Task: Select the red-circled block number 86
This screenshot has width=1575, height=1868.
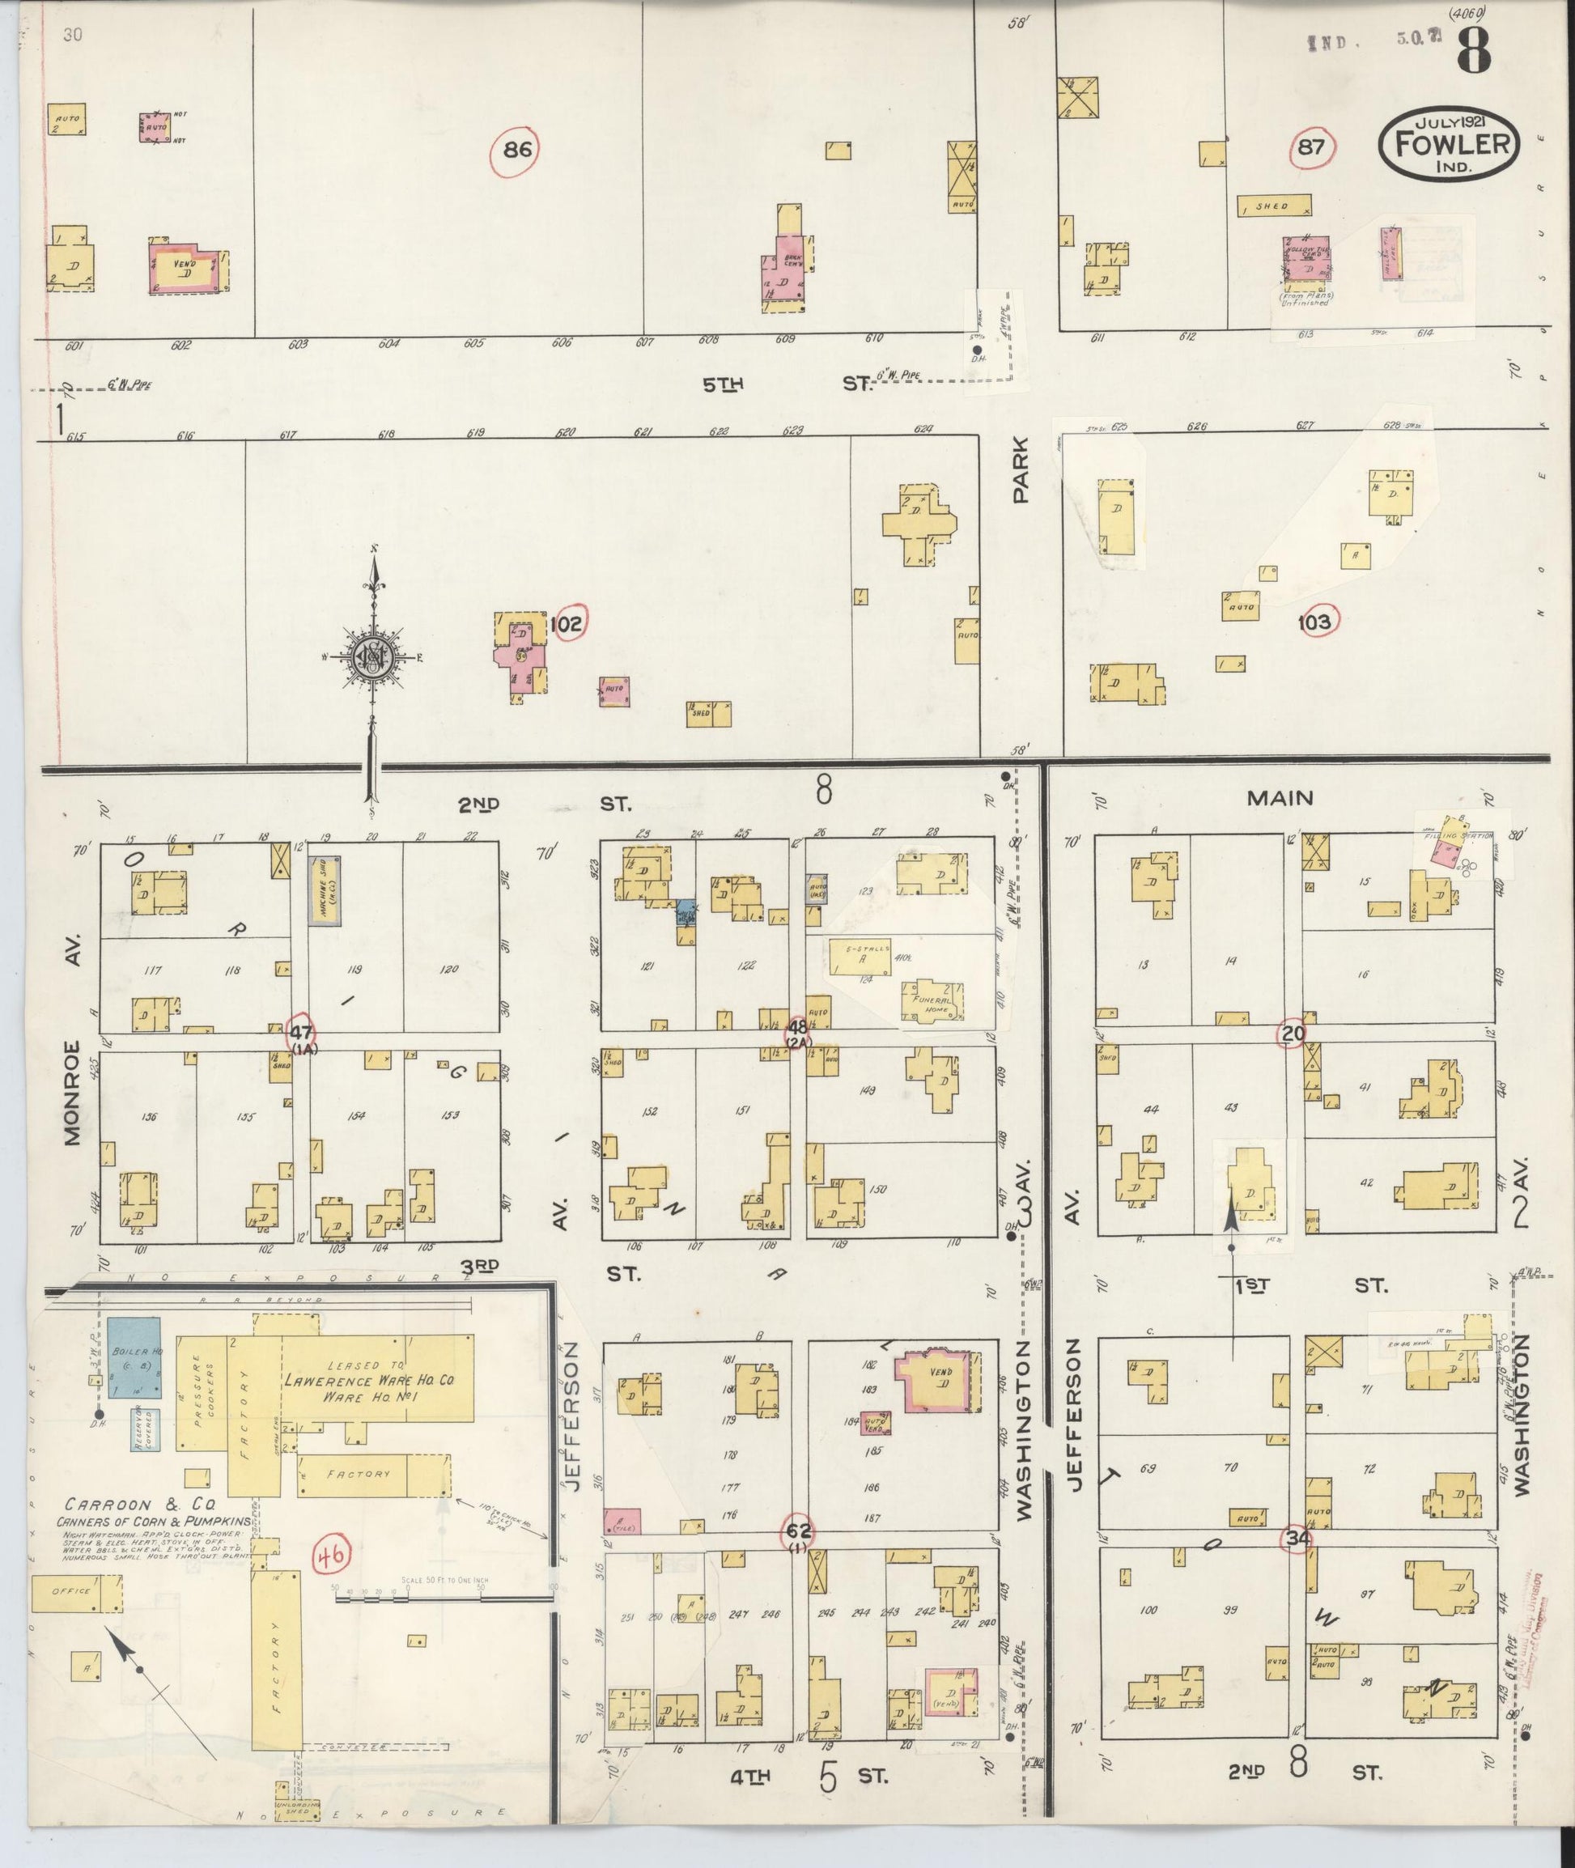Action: (x=517, y=150)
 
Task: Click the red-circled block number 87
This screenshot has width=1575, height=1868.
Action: (x=1312, y=147)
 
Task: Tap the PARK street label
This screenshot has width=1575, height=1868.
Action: (x=1021, y=469)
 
